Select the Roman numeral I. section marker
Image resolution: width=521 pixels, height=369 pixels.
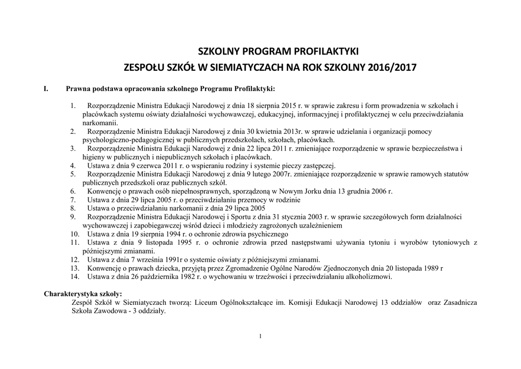click(x=46, y=89)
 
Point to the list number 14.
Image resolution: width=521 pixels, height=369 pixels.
click(x=74, y=277)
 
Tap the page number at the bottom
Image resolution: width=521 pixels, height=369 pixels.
click(x=260, y=336)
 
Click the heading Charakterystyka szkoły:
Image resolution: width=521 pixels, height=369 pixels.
click(x=83, y=294)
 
